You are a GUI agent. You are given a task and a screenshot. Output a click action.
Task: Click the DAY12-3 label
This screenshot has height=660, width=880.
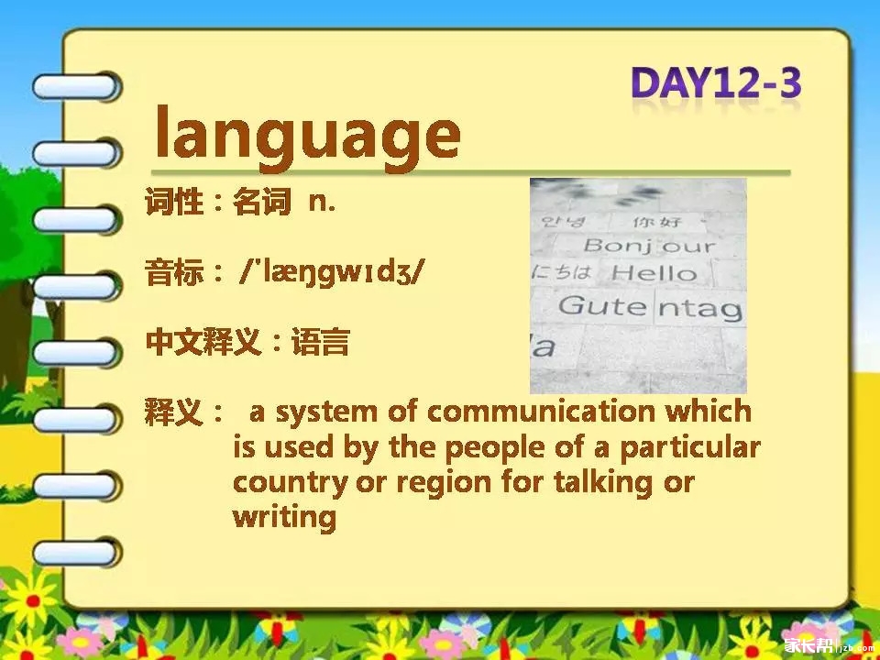click(716, 83)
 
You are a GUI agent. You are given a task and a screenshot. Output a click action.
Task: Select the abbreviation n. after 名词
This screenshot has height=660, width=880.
click(322, 203)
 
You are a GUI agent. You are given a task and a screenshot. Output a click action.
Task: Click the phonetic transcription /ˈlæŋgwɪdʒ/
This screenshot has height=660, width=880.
click(331, 273)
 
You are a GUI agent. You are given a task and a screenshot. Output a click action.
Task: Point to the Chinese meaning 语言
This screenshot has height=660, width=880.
click(321, 342)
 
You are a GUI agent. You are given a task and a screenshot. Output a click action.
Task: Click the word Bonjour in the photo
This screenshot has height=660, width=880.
click(650, 246)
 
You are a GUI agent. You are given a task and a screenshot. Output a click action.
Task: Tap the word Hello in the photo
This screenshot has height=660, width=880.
click(654, 273)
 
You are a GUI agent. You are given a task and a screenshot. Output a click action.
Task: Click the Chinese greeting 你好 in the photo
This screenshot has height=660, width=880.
click(657, 222)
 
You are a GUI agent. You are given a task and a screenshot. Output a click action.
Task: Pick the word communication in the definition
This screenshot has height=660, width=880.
click(541, 412)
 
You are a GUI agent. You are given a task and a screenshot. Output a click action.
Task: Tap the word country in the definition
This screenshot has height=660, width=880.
click(291, 484)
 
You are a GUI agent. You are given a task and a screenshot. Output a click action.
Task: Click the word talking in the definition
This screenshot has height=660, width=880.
click(603, 483)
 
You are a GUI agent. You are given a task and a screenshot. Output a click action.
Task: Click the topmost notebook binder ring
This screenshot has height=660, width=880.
click(76, 87)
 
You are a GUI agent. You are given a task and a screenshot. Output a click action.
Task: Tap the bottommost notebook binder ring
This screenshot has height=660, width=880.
click(76, 552)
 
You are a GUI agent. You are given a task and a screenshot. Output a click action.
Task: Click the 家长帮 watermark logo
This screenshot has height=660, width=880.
click(808, 646)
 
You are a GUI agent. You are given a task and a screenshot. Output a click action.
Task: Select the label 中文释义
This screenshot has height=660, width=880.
click(203, 342)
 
